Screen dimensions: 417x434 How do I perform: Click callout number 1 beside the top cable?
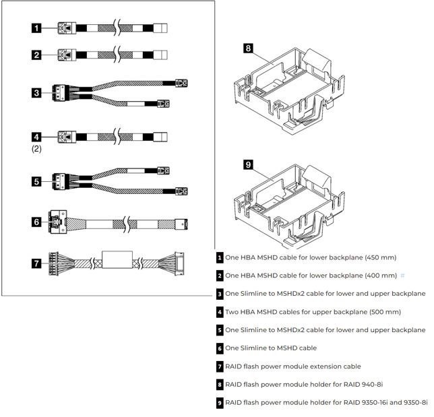(x=36, y=28)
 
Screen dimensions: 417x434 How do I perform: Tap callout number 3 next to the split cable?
(x=36, y=92)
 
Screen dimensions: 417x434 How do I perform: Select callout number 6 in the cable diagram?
(x=36, y=222)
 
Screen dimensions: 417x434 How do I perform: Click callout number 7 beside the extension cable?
(x=36, y=263)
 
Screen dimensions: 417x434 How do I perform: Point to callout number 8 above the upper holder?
(x=248, y=49)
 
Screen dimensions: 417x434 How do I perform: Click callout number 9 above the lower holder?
(x=248, y=164)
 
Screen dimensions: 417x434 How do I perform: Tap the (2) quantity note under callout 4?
(x=36, y=150)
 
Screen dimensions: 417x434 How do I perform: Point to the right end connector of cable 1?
(x=162, y=28)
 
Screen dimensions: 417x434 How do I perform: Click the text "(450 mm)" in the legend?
(x=380, y=257)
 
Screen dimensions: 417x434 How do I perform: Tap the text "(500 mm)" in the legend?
(x=383, y=312)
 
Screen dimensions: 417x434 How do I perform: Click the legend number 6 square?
(x=220, y=348)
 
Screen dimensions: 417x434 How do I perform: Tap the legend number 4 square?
(x=220, y=312)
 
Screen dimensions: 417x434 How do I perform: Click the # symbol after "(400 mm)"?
(x=402, y=276)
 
